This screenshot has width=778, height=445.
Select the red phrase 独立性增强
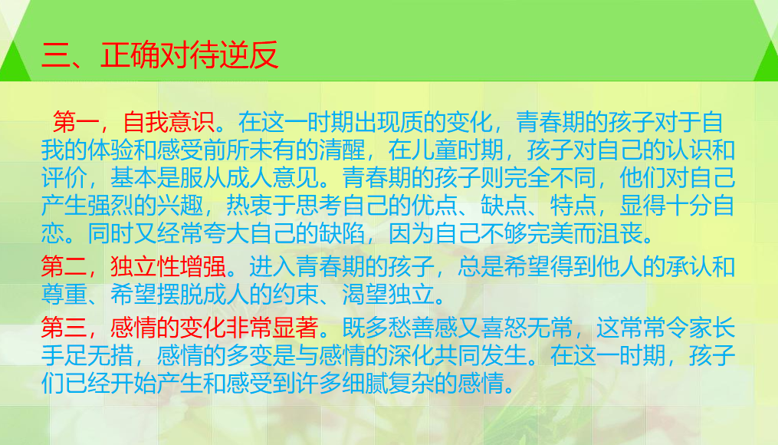pos(168,267)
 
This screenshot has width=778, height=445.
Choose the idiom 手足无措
pos(86,355)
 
